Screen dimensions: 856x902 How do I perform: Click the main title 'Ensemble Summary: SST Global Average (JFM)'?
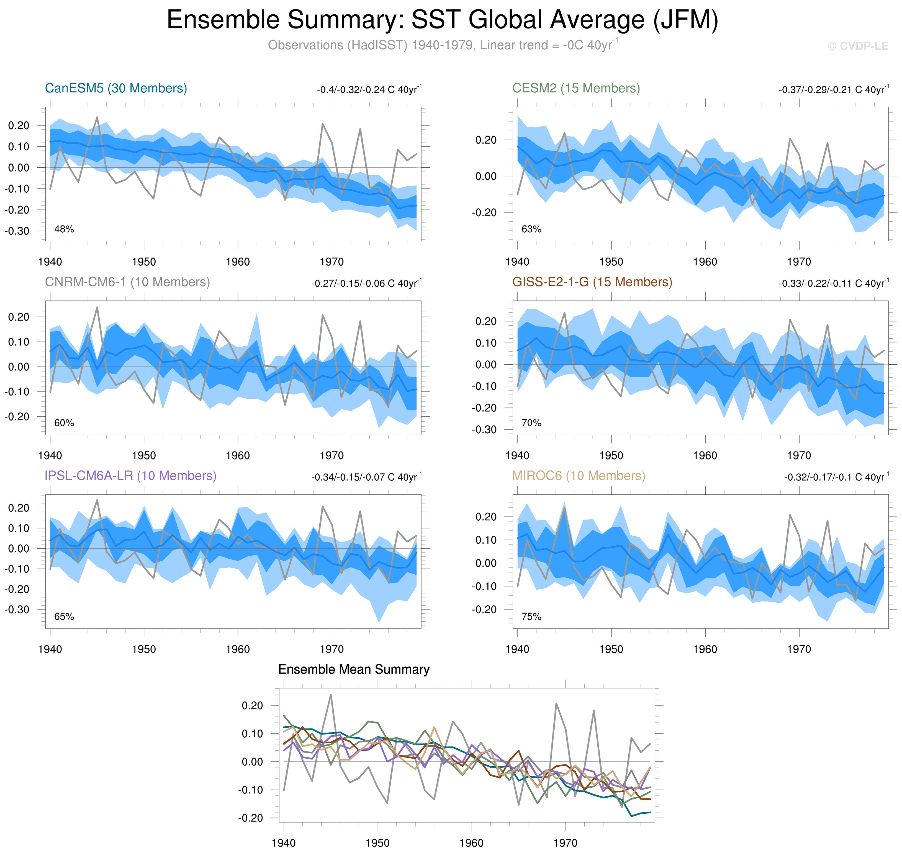pos(442,20)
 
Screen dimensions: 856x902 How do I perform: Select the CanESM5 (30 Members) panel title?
pos(116,88)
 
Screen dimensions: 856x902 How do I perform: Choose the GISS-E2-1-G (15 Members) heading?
pos(592,282)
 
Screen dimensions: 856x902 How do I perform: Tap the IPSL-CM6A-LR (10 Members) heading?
pos(130,476)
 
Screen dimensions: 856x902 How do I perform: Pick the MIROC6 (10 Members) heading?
pos(578,476)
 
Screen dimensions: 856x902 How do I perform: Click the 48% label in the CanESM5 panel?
pos(64,229)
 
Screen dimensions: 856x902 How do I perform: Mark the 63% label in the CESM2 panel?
pos(531,229)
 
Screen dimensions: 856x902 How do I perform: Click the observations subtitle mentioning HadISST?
pos(442,45)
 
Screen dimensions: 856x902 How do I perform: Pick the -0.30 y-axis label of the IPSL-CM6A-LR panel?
pos(17,609)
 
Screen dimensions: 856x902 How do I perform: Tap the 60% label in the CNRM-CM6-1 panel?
pos(64,423)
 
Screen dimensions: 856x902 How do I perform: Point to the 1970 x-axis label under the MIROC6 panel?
pos(799,649)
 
